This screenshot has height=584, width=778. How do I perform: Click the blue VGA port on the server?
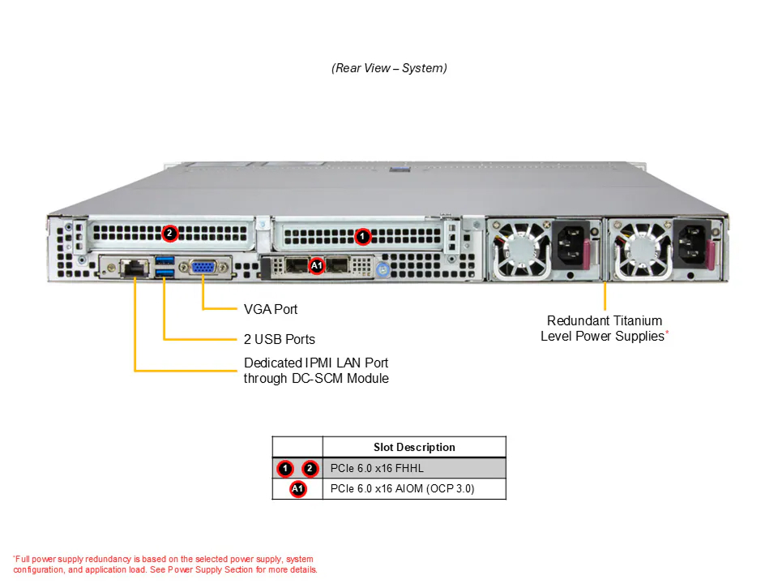click(x=203, y=267)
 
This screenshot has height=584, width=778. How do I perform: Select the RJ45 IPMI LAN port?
click(x=135, y=268)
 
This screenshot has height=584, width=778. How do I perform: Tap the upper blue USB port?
click(x=165, y=260)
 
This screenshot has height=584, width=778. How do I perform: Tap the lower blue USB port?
click(x=165, y=273)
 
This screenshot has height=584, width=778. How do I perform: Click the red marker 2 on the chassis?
click(x=169, y=233)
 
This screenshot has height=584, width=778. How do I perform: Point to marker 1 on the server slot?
click(x=363, y=237)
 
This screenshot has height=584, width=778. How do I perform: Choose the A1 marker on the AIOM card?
click(x=317, y=266)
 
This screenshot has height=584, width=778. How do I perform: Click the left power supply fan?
click(x=521, y=250)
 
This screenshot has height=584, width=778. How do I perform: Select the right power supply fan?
click(x=641, y=250)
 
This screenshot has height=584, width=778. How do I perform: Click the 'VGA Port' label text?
click(x=271, y=309)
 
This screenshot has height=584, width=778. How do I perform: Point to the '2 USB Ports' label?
click(x=280, y=339)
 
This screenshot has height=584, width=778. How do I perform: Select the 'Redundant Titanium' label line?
click(x=605, y=321)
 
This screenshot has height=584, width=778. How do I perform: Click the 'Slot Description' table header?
click(x=414, y=447)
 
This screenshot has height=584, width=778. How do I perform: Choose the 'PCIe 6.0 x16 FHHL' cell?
click(x=377, y=468)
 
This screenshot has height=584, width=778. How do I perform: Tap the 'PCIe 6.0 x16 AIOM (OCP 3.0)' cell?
click(x=403, y=488)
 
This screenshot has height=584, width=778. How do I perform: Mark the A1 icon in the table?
click(x=297, y=488)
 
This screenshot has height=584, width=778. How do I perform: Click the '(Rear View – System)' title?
click(x=389, y=68)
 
